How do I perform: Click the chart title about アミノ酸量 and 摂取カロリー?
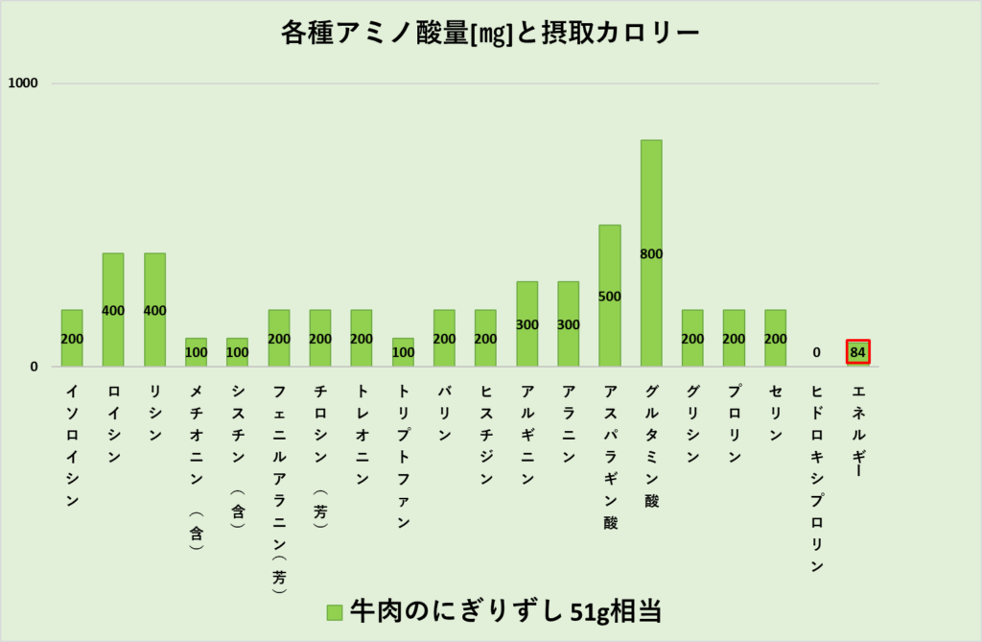tap(490, 34)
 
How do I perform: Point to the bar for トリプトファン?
tap(403, 353)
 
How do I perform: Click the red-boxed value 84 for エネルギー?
tap(858, 352)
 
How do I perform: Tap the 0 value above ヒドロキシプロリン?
tap(816, 352)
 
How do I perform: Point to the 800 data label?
tap(651, 254)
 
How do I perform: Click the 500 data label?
tap(610, 297)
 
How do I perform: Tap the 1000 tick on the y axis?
tap(22, 83)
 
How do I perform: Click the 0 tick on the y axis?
tap(32, 367)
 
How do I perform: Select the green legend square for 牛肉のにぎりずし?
tap(334, 611)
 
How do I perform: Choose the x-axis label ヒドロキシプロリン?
tap(816, 478)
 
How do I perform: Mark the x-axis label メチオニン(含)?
tap(196, 466)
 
